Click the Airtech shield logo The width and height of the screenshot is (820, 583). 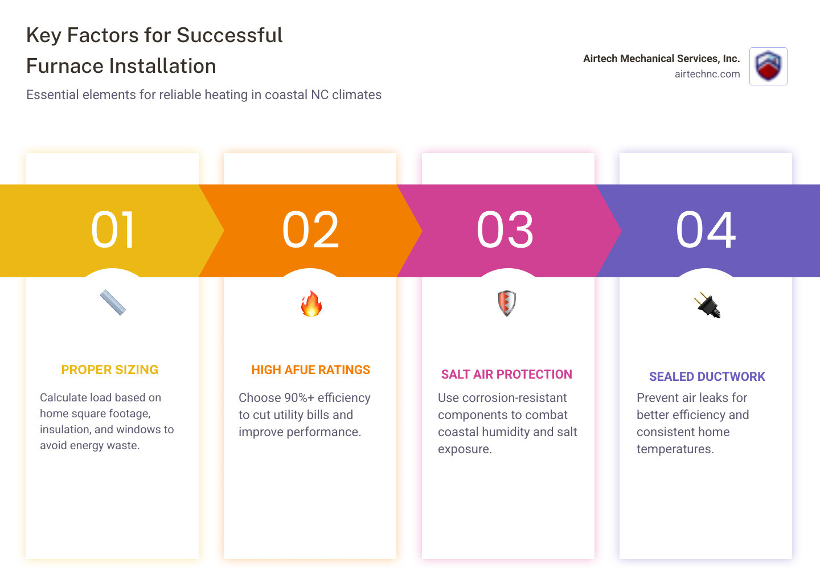tap(768, 66)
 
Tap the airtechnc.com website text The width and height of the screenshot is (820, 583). tap(707, 74)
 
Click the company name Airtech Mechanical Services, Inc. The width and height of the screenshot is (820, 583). tap(661, 59)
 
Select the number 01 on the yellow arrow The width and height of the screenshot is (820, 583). tap(113, 230)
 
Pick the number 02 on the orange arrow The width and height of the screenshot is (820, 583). tap(311, 230)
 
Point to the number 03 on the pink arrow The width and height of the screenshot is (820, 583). tap(506, 230)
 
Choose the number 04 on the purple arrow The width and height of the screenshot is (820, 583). tap(706, 230)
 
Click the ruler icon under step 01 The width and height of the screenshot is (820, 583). tap(113, 303)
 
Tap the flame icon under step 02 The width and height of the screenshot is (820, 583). tap(311, 304)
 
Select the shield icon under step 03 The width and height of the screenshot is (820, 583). tap(507, 303)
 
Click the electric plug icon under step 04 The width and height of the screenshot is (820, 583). tap(707, 305)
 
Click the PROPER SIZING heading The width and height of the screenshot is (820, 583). tap(110, 370)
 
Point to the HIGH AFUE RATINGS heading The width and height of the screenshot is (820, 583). tap(311, 370)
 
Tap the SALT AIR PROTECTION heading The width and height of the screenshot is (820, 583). tap(507, 375)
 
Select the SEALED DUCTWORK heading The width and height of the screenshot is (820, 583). tap(707, 377)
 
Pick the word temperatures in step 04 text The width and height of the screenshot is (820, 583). tap(675, 449)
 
